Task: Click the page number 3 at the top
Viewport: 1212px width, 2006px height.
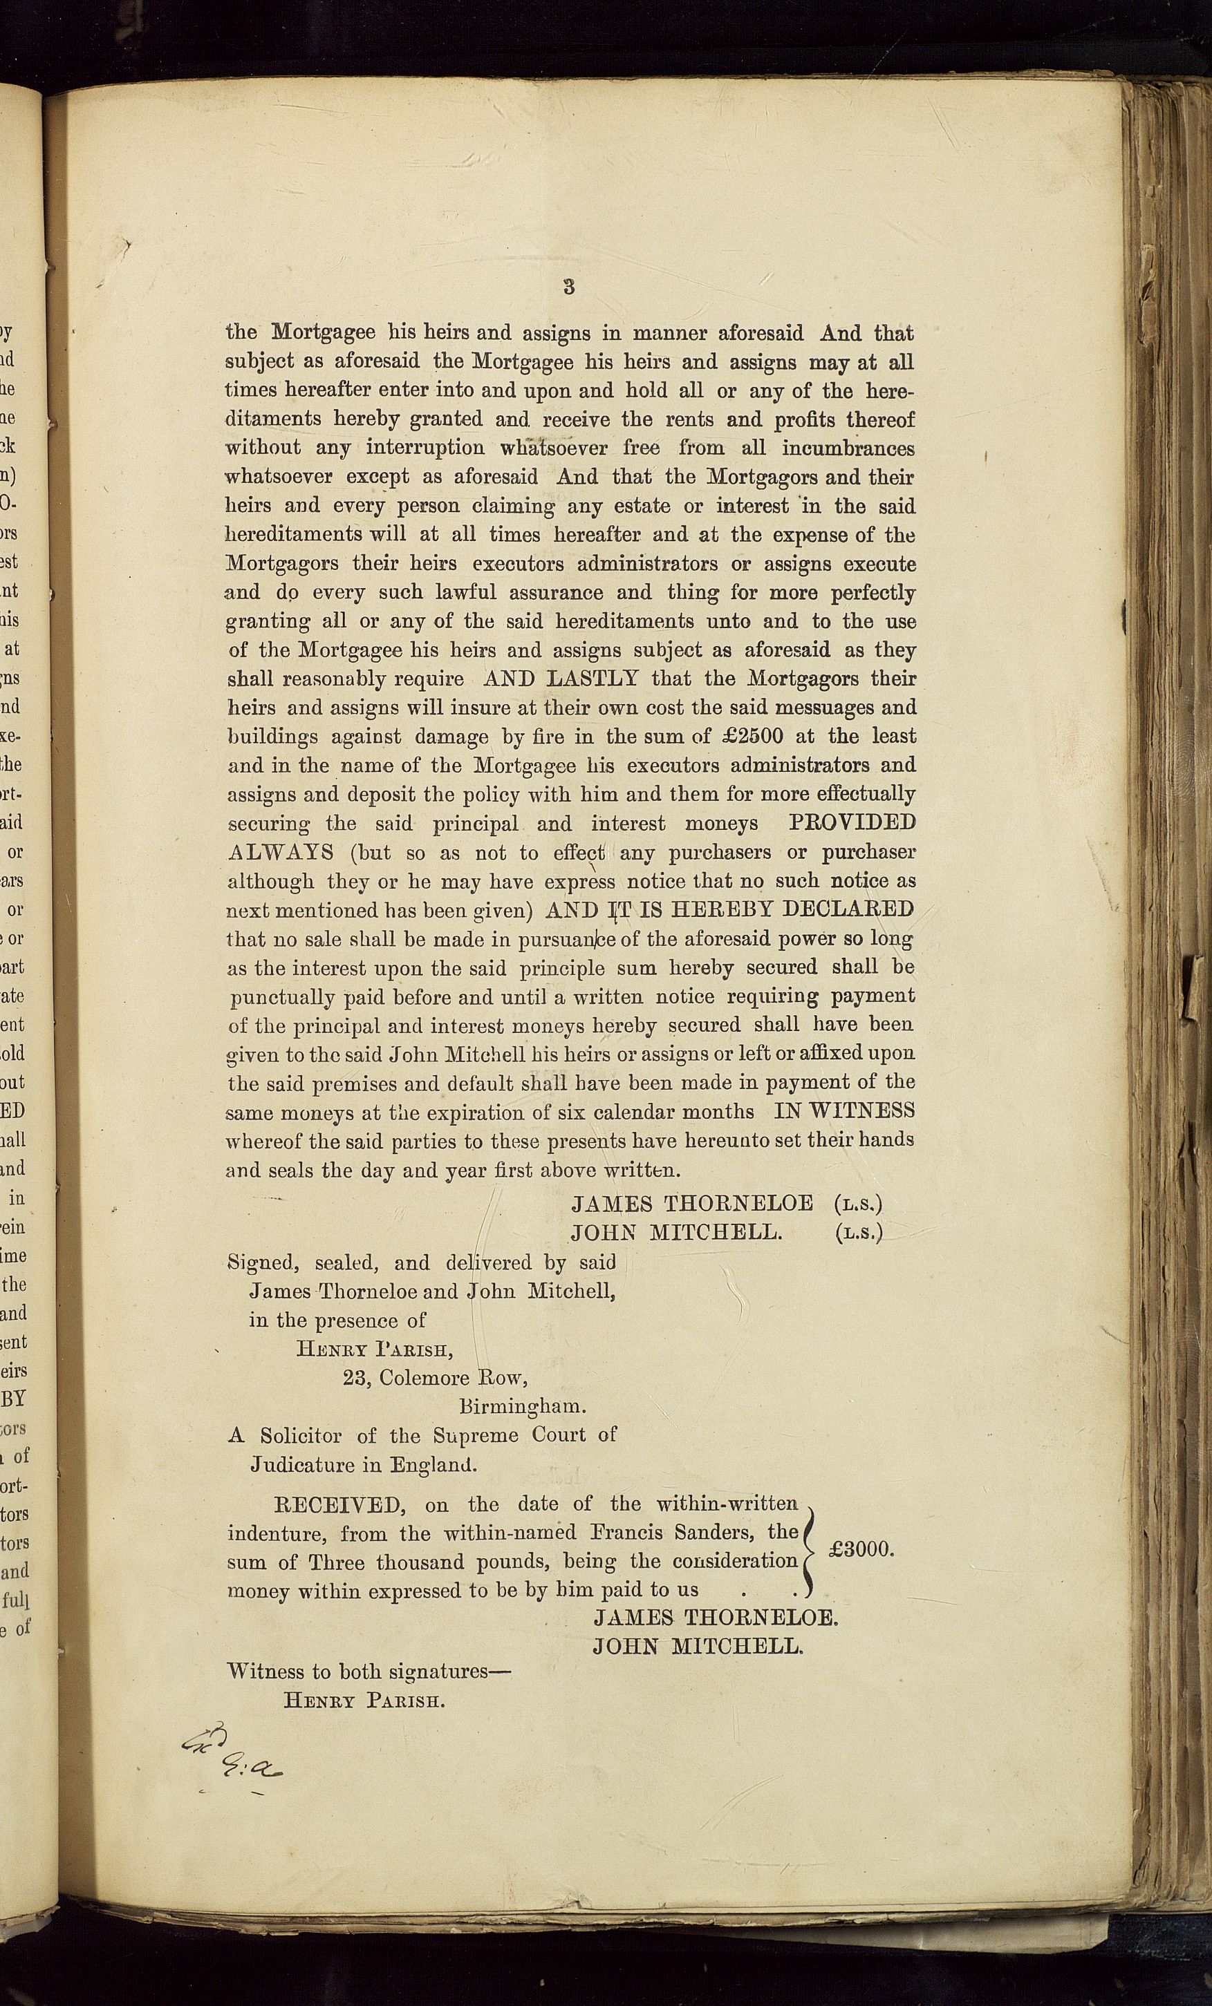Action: [568, 287]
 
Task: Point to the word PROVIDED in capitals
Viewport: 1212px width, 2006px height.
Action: [852, 822]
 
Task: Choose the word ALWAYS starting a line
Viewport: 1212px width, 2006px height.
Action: [280, 853]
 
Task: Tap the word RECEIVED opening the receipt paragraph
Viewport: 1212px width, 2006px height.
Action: [339, 1504]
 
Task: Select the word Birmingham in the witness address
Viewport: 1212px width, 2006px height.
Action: [522, 1406]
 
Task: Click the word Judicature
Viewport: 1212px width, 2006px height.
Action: [301, 1465]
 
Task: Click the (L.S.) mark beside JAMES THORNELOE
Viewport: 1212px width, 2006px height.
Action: [859, 1203]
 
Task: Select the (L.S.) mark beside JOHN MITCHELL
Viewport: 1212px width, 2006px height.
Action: [859, 1233]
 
